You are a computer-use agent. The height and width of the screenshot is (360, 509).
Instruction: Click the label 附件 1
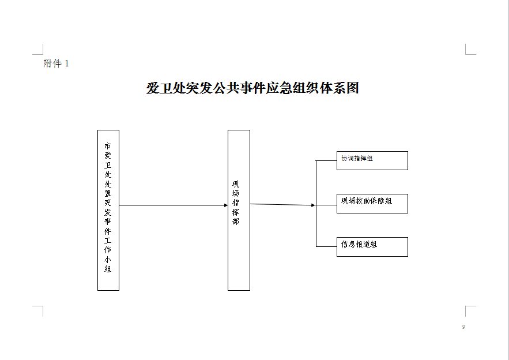click(56, 63)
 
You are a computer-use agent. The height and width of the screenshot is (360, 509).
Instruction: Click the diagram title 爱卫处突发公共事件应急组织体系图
click(252, 88)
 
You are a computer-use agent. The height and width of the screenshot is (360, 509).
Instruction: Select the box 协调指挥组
click(372, 160)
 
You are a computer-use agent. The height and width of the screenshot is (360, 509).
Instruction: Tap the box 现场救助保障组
click(372, 204)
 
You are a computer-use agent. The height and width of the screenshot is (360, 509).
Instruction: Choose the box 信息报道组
click(372, 247)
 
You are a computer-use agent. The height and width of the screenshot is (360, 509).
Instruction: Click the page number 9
click(463, 327)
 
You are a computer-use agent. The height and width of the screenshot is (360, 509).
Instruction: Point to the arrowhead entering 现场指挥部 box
click(226, 205)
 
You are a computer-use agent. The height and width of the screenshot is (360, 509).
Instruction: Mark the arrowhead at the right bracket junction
click(313, 205)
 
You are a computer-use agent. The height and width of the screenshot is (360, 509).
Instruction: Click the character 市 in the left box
click(108, 146)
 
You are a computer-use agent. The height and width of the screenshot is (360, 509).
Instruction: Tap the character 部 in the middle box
click(236, 222)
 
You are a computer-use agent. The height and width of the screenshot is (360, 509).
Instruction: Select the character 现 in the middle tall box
click(236, 184)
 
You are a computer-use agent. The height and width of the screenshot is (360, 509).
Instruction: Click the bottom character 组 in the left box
click(108, 269)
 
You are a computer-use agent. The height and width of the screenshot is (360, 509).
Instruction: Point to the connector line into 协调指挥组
click(326, 160)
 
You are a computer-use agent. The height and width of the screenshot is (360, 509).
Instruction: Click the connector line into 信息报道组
click(326, 246)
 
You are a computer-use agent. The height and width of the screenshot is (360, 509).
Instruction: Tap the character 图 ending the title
click(353, 88)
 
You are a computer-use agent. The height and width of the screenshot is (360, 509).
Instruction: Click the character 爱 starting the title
click(153, 88)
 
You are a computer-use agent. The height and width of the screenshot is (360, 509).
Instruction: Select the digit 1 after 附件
click(67, 63)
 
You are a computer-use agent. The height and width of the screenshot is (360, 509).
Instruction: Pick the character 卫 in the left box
click(108, 165)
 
